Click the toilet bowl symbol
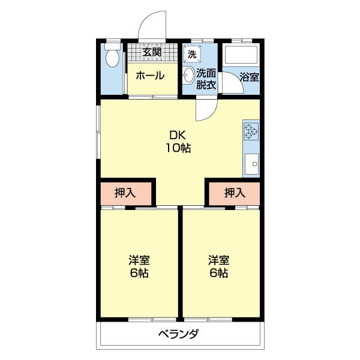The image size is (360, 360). coord(112,58)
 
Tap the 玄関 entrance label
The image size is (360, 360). coord(152,52)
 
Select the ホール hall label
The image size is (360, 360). coord(151,76)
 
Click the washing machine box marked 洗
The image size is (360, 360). coord(192,54)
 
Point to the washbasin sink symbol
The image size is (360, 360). coord(189,74)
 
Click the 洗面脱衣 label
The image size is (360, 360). coord(206,79)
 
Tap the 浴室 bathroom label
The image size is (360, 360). coord(250,77)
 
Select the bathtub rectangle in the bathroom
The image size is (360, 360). coord(241,55)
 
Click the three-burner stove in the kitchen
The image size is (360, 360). coord(251,131)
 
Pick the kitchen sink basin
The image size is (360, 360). coord(251,164)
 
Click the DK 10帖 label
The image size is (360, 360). coord(178,142)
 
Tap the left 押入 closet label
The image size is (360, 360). coord(125,193)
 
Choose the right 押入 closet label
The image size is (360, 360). coord(235,193)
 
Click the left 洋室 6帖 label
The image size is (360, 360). coord(139,267)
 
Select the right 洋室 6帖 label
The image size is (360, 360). coord(219,267)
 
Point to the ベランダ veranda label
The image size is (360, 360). coord(178,334)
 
